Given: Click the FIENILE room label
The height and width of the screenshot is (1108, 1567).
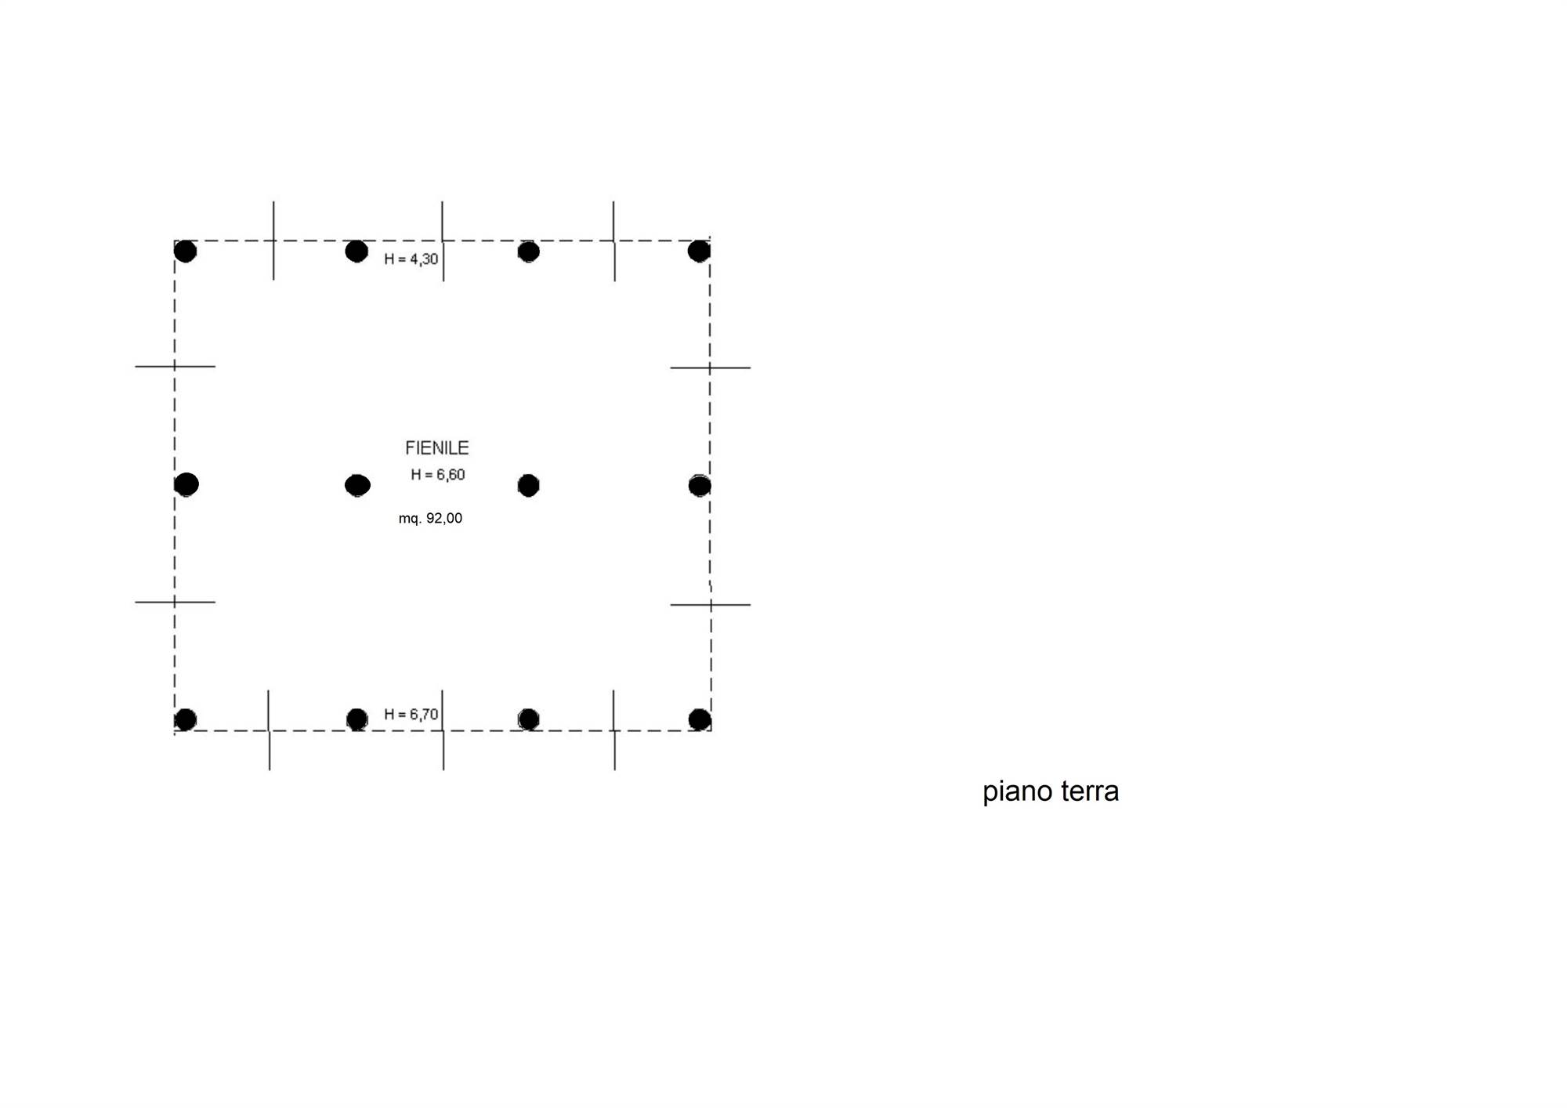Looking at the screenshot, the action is click(x=437, y=447).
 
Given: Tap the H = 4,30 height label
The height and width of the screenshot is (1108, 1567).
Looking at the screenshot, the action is click(x=411, y=259).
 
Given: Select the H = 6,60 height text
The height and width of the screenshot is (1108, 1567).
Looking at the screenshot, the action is click(x=438, y=474).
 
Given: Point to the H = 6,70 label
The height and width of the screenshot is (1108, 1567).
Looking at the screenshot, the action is click(x=411, y=714).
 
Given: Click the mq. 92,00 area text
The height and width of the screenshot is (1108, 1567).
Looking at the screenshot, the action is click(x=430, y=518).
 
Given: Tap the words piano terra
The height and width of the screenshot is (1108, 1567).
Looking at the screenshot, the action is click(x=1051, y=791).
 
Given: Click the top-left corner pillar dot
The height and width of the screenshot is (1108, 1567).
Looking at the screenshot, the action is click(x=186, y=252).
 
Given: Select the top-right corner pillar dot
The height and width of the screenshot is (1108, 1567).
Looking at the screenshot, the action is click(x=699, y=251).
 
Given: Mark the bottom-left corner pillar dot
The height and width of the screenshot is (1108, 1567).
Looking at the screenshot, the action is click(x=186, y=719).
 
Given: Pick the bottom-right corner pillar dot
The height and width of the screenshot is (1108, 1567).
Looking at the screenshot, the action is click(x=700, y=719).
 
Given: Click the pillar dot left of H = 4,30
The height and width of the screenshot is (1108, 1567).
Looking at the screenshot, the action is click(x=356, y=252).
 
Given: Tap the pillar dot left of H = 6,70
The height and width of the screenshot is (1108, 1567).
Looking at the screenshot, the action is click(x=357, y=719).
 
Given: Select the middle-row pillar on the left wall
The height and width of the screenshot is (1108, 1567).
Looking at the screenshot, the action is click(x=186, y=484).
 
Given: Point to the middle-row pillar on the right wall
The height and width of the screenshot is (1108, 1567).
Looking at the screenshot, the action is click(x=700, y=486).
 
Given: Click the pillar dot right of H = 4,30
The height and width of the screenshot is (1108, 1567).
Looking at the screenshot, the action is click(x=529, y=252).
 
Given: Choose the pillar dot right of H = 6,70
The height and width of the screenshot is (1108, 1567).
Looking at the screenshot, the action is click(x=529, y=719).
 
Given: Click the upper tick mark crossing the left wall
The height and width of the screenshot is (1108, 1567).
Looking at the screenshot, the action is click(x=175, y=366).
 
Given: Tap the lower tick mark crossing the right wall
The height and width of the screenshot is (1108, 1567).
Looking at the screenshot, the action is click(x=711, y=605).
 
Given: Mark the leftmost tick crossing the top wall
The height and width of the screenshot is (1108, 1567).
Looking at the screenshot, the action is click(x=273, y=241).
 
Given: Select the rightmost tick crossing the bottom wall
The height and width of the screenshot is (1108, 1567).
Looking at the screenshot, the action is click(x=614, y=730).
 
